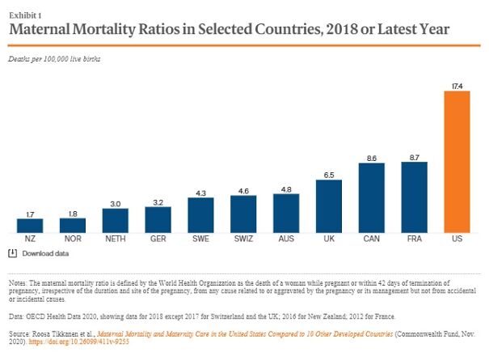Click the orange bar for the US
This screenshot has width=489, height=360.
(457, 162)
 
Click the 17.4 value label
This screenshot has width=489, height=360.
(457, 85)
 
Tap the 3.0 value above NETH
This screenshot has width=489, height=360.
(116, 202)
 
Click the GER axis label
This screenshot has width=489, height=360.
(158, 240)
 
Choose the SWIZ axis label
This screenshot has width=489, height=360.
(244, 240)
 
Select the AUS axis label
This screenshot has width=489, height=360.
(287, 240)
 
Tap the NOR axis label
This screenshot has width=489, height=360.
(73, 240)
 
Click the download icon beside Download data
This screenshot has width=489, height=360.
(13, 253)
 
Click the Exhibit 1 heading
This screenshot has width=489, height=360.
(24, 14)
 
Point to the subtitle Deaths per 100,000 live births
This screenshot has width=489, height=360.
(53, 59)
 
